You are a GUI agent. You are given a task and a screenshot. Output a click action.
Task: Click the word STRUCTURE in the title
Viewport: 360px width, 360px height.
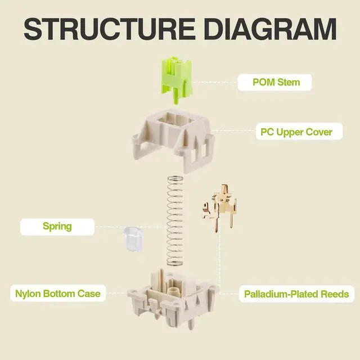coord(103,28)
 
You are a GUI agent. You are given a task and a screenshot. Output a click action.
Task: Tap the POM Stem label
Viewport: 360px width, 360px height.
coord(276,82)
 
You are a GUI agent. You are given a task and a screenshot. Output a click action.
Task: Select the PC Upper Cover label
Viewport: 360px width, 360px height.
coord(296,133)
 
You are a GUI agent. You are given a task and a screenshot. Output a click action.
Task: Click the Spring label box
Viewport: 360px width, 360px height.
coord(57,227)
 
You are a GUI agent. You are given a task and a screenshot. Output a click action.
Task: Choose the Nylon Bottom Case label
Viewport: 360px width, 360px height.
coord(58,293)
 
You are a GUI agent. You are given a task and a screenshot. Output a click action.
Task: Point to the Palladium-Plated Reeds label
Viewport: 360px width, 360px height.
coord(296,294)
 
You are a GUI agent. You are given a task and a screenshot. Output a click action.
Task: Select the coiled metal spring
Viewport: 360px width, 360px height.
coord(175,219)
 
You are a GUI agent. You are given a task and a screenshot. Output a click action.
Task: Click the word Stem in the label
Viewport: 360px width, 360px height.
coord(288,82)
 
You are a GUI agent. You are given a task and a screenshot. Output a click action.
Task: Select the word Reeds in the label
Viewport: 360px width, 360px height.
coord(334,294)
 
